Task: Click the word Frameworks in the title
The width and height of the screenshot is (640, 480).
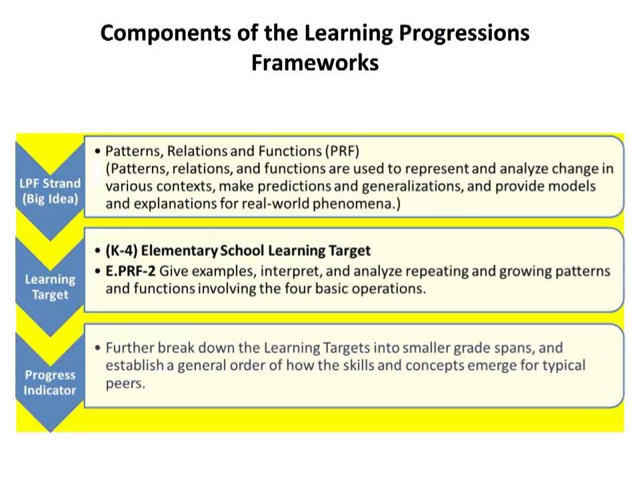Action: (x=315, y=63)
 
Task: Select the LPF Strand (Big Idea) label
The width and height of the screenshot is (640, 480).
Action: (x=50, y=191)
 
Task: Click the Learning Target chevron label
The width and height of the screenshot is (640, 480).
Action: (x=50, y=287)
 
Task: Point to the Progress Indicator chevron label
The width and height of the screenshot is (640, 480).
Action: (x=50, y=383)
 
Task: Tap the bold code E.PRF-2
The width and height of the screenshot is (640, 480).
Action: (x=130, y=271)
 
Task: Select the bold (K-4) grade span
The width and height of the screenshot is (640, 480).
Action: (x=121, y=251)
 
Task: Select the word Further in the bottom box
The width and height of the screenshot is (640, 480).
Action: (x=129, y=347)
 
